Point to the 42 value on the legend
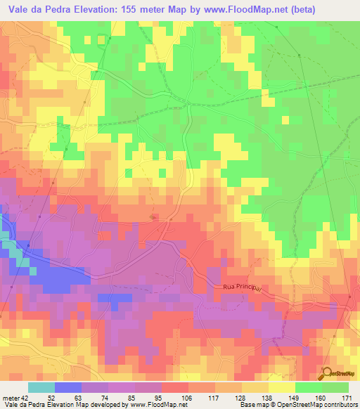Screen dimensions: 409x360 pos(25,398)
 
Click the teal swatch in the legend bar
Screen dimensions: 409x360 pos(41,387)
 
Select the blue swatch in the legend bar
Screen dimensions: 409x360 pos(68,387)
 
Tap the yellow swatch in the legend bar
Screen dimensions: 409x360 pos(281,387)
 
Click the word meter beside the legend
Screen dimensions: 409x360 pos(10,398)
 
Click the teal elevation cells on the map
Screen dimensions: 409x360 pos(17,253)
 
